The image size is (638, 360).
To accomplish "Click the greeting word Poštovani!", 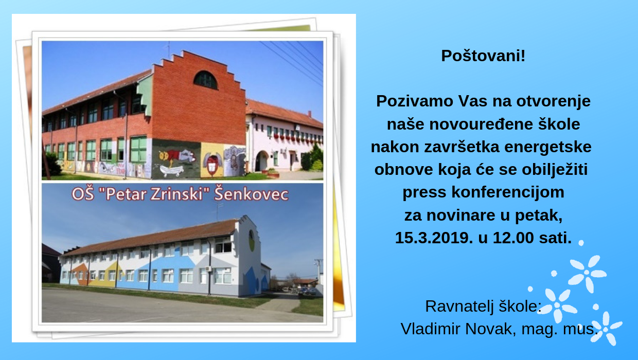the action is [x=483, y=56].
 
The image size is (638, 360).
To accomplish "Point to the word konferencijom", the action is [x=508, y=192].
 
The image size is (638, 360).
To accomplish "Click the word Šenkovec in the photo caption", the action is [x=251, y=194].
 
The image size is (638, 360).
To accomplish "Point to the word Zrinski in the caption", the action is [x=176, y=194].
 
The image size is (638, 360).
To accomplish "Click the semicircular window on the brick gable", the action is [x=205, y=80].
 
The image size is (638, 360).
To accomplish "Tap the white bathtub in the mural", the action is [x=171, y=170].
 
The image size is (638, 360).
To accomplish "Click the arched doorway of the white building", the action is [x=261, y=161].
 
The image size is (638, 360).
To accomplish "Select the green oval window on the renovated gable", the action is [x=252, y=241].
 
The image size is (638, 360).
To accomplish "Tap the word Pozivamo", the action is [x=414, y=101].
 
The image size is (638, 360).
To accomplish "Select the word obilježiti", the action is [x=555, y=170].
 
